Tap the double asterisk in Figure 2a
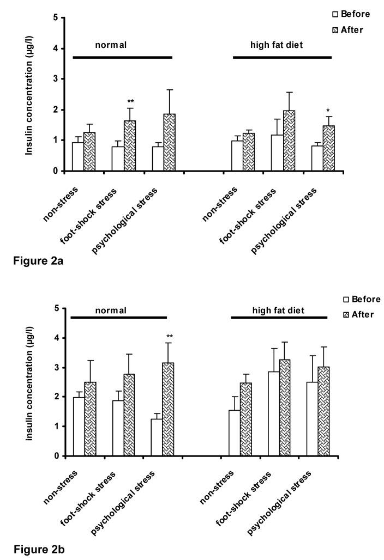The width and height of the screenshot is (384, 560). (x=131, y=102)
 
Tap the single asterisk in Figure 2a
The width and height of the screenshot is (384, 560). (x=328, y=111)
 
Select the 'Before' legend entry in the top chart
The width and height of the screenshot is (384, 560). (x=352, y=14)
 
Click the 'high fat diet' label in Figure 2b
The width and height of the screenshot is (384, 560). (x=278, y=310)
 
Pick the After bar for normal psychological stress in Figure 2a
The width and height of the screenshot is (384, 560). (x=170, y=143)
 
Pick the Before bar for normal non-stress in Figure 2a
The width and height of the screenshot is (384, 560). (x=78, y=157)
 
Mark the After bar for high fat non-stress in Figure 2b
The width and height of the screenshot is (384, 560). (x=246, y=420)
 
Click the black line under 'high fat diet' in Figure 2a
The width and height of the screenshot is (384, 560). (x=282, y=57)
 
